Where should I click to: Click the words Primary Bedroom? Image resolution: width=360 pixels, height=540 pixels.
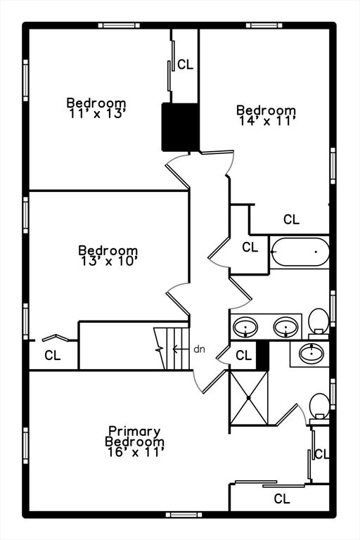click(135, 437)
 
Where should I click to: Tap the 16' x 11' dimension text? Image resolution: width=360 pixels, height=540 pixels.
click(135, 452)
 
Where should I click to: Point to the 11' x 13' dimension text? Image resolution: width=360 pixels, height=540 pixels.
click(96, 114)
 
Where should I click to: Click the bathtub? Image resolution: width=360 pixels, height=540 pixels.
click(300, 252)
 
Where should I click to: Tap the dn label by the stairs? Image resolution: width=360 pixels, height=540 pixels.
click(199, 349)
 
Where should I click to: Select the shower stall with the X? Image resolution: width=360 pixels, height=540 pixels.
click(249, 398)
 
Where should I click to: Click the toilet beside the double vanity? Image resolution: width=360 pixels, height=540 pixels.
click(319, 323)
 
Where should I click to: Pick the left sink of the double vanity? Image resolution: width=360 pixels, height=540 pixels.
click(245, 326)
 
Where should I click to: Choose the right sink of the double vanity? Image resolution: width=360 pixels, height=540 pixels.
click(285, 327)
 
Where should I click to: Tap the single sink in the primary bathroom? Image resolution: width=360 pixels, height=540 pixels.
click(311, 354)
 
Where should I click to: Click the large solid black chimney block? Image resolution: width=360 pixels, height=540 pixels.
click(180, 127)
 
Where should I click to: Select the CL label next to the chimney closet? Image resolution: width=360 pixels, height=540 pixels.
click(186, 65)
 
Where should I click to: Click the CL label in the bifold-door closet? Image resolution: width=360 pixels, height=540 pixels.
click(53, 355)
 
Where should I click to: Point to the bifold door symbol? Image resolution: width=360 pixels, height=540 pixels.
click(55, 337)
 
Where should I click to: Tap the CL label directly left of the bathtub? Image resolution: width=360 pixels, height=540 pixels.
click(250, 247)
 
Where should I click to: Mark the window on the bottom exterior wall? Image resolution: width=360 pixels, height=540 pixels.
click(184, 515)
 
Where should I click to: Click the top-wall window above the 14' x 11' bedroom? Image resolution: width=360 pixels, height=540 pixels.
click(264, 25)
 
